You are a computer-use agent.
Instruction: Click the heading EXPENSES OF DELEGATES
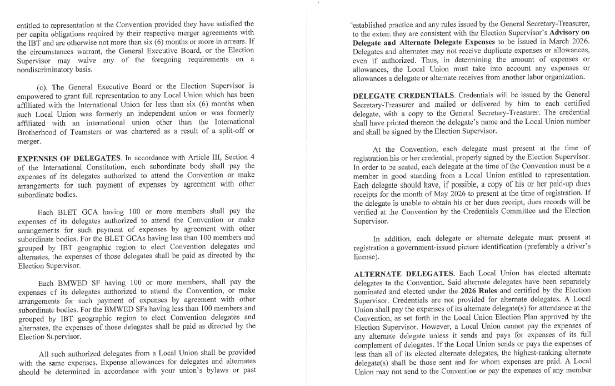pos(62,158)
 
